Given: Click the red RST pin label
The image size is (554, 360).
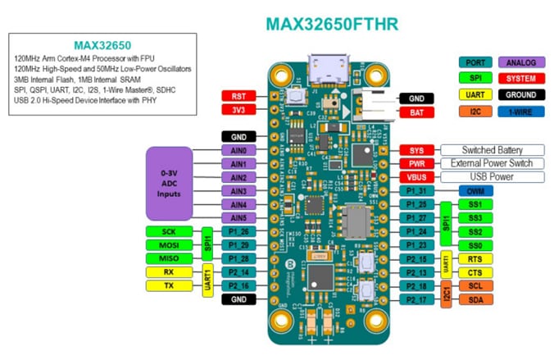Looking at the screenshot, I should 239,96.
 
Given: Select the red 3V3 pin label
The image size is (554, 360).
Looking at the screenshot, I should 239,110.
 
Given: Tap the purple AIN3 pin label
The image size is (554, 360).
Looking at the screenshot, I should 239,190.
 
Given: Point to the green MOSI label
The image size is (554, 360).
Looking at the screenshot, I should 170,245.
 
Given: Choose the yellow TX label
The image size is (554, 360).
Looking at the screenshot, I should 170,285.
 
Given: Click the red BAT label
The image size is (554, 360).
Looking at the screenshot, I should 417,112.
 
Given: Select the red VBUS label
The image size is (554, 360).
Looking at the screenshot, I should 417,177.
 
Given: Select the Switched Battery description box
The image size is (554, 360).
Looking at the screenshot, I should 492,150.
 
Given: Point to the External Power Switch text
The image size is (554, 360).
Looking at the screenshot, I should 492,163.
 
